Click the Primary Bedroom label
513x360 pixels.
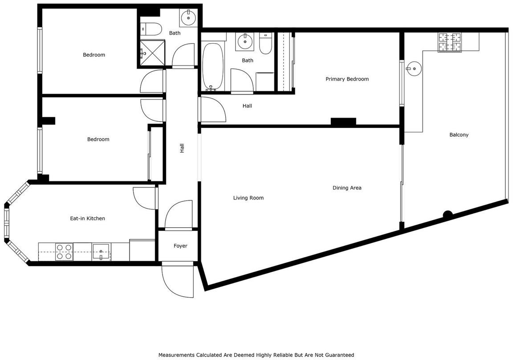tap(347, 79)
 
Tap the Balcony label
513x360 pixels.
tap(459, 135)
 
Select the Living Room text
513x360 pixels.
tap(248, 198)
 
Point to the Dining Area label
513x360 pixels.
tap(347, 188)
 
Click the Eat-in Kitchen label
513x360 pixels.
tap(87, 218)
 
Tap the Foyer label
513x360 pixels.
tap(180, 246)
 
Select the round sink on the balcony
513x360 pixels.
tap(414, 69)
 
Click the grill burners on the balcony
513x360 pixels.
tap(449, 42)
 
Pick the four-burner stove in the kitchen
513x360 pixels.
tap(64, 252)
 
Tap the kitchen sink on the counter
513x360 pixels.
tap(102, 252)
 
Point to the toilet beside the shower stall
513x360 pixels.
tap(151, 29)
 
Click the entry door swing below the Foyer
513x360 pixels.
tap(178, 280)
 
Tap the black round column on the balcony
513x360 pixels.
tap(448, 215)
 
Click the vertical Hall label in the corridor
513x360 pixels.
tap(182, 148)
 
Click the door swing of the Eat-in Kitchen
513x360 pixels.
tap(144, 198)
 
